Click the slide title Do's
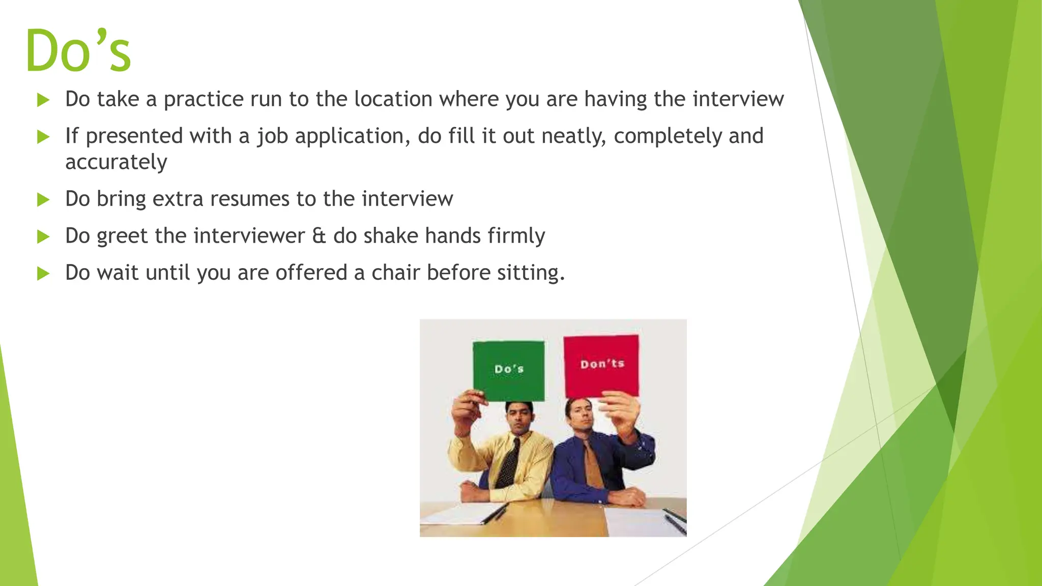tap(78, 51)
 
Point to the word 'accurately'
tap(116, 162)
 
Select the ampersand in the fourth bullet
tap(319, 236)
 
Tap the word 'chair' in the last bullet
tap(395, 273)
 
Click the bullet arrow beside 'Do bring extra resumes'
tap(43, 199)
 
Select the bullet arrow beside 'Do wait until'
tap(43, 274)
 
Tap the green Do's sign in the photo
tap(508, 369)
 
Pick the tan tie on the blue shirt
tap(592, 465)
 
